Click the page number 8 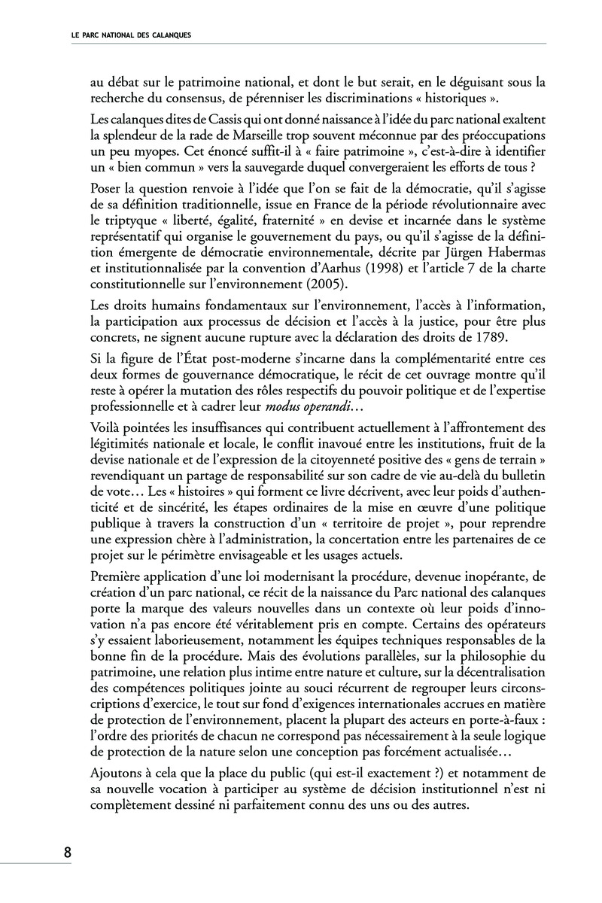[67, 853]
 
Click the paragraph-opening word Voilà [105, 427]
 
